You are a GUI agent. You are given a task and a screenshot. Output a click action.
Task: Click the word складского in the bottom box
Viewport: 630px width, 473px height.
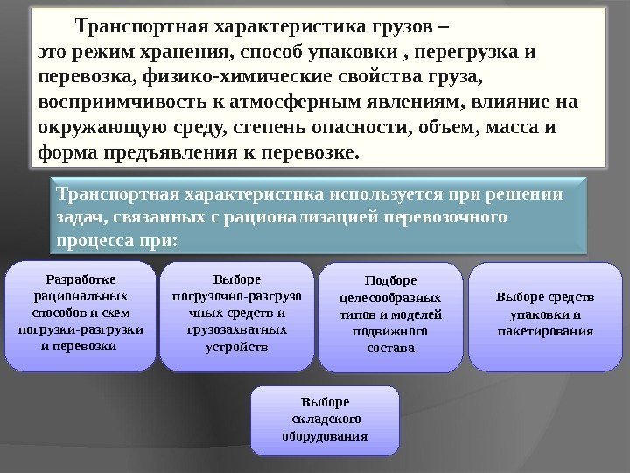324,419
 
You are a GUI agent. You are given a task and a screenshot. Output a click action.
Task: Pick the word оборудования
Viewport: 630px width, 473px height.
324,435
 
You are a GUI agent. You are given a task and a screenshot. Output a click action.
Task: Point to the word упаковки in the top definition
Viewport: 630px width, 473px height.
366,53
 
